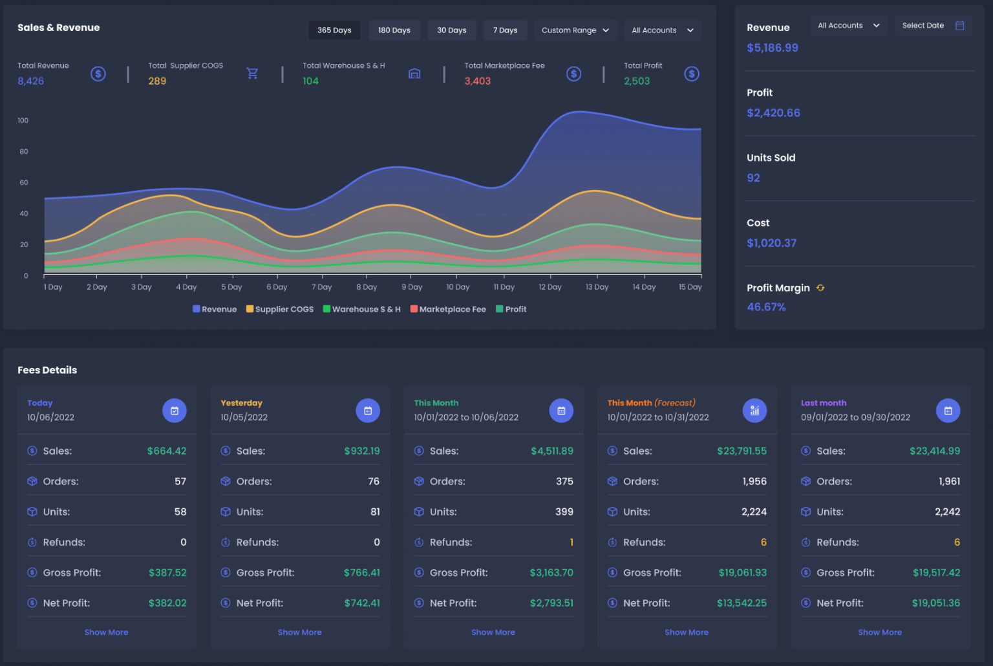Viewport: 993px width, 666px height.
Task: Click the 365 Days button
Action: point(334,30)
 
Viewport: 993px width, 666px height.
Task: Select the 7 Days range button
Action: point(505,30)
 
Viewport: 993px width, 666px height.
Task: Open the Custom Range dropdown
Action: point(575,30)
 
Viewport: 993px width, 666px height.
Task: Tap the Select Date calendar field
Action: point(932,26)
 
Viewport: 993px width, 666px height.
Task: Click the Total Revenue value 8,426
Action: point(31,81)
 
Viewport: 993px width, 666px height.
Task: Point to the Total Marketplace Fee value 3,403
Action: point(477,81)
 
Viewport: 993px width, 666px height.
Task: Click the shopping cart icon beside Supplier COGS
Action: point(252,74)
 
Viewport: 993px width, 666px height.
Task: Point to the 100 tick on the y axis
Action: point(23,120)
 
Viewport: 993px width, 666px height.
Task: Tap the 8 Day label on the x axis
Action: point(367,287)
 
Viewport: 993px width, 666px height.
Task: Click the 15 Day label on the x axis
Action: point(690,287)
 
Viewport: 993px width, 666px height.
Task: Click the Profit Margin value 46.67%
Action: point(766,307)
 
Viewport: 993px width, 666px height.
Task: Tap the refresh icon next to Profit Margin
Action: point(820,288)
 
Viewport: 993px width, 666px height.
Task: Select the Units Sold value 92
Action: point(753,178)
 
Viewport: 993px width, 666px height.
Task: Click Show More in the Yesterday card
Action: point(299,632)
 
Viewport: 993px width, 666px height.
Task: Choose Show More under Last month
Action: point(879,632)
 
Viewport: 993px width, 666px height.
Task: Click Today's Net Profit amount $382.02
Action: point(167,603)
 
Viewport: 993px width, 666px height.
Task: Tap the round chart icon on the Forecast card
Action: point(754,411)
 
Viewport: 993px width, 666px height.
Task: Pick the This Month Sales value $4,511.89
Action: point(551,451)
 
